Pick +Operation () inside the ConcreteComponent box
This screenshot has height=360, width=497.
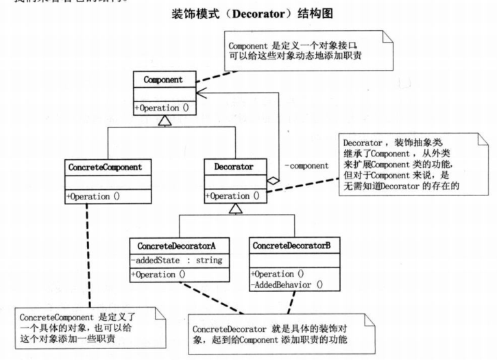coord(96,197)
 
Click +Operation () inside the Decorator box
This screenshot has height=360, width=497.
coord(232,195)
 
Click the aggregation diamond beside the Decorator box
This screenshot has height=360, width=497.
coord(272,181)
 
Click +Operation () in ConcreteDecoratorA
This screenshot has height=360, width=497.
coord(158,274)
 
